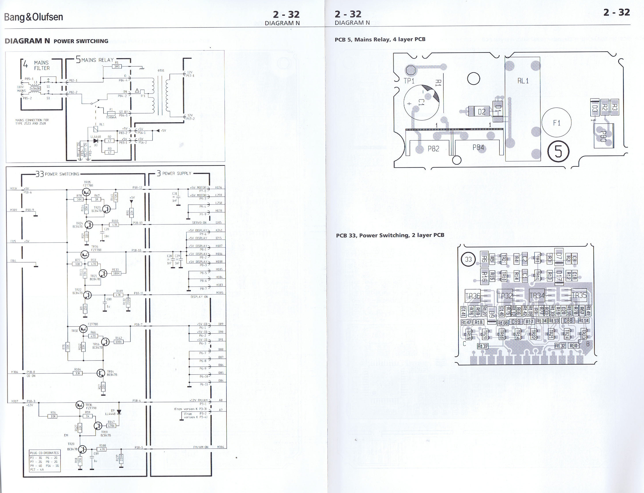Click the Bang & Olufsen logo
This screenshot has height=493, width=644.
click(x=34, y=17)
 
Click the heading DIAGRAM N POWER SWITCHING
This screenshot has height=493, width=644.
click(x=56, y=41)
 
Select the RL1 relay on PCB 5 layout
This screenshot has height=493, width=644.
click(x=523, y=109)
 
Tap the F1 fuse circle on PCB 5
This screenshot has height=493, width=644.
click(x=556, y=122)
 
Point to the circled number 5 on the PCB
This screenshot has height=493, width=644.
click(x=558, y=151)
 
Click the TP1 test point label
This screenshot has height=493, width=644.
click(x=409, y=81)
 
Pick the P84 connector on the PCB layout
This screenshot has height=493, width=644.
click(x=478, y=147)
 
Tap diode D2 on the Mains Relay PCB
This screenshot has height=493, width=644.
click(x=479, y=111)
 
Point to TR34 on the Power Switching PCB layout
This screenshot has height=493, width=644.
click(x=537, y=295)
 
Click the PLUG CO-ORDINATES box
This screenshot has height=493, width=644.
click(x=45, y=461)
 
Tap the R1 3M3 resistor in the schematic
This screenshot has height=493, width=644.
click(x=117, y=66)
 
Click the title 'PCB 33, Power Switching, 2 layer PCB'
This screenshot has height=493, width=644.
click(x=390, y=235)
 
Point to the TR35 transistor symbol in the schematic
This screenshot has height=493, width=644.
click(x=86, y=192)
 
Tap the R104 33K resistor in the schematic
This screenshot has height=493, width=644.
click(x=78, y=373)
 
